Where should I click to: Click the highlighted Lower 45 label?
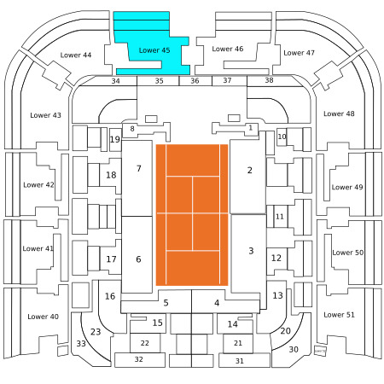click(154, 50)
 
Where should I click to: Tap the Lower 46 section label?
click(228, 49)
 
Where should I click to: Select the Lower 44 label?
click(76, 55)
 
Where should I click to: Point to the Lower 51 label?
click(339, 315)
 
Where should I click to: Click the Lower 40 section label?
click(43, 317)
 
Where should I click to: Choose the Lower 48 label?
click(339, 113)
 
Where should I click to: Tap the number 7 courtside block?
click(137, 178)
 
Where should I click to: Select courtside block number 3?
click(248, 253)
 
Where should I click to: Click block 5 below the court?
click(166, 303)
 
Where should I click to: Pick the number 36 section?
click(195, 81)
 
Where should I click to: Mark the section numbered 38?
click(269, 80)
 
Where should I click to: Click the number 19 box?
click(115, 140)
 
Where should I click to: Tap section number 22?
click(145, 343)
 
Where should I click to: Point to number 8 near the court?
click(132, 129)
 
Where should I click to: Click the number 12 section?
click(276, 258)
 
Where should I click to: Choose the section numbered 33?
click(81, 344)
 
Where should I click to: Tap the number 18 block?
click(111, 175)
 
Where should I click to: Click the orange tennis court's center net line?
click(192, 213)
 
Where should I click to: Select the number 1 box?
click(250, 128)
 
